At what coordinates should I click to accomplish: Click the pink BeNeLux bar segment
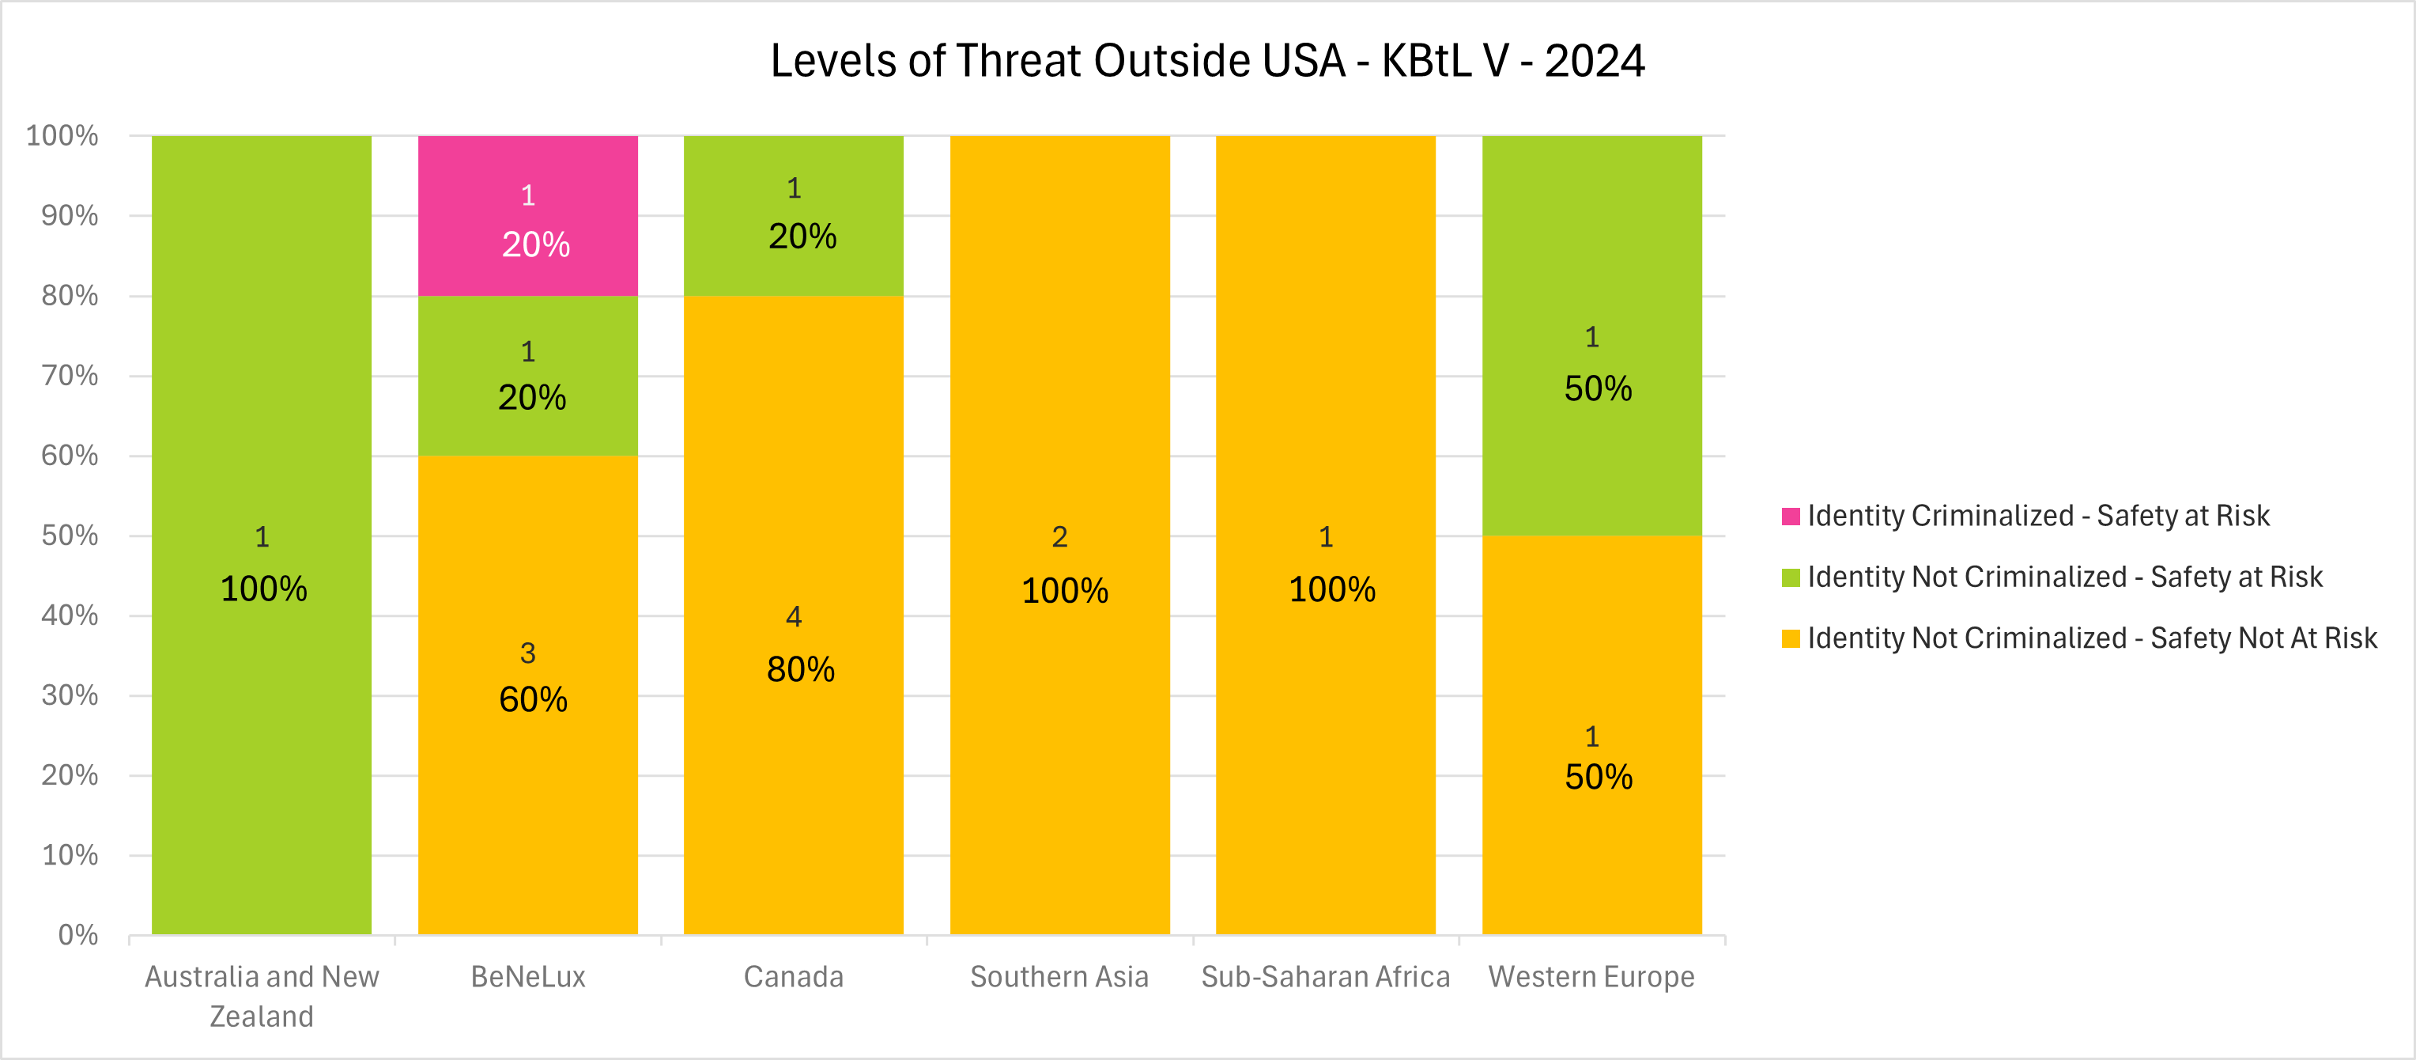(527, 216)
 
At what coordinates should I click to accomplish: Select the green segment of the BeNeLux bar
(527, 375)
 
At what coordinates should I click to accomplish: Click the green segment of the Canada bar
(794, 216)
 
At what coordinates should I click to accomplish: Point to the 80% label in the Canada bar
(800, 670)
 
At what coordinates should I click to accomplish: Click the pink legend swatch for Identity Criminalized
(1791, 516)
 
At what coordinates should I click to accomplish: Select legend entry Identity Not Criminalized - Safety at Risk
(2063, 577)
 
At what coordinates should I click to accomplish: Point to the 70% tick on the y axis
(70, 375)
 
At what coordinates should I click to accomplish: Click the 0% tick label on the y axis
(77, 934)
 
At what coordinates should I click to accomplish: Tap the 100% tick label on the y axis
(62, 135)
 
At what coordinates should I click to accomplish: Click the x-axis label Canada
(794, 976)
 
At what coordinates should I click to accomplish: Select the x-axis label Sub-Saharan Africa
(1325, 976)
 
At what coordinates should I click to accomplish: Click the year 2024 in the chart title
(1595, 61)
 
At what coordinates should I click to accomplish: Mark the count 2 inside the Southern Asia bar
(1060, 536)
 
